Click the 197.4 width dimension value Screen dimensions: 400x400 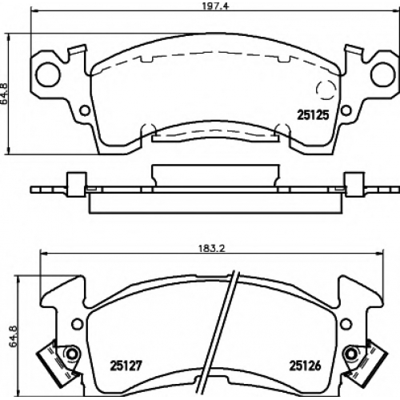click(212, 6)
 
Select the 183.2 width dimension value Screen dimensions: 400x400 click(212, 249)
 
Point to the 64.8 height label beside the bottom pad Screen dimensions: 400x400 click(14, 336)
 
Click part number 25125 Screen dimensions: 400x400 click(313, 115)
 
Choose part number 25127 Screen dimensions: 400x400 click(126, 366)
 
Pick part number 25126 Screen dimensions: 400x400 click(305, 366)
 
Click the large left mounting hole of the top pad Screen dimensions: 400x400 click(48, 74)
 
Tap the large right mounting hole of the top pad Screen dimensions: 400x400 click(383, 74)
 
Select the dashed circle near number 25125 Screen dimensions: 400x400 click(326, 90)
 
